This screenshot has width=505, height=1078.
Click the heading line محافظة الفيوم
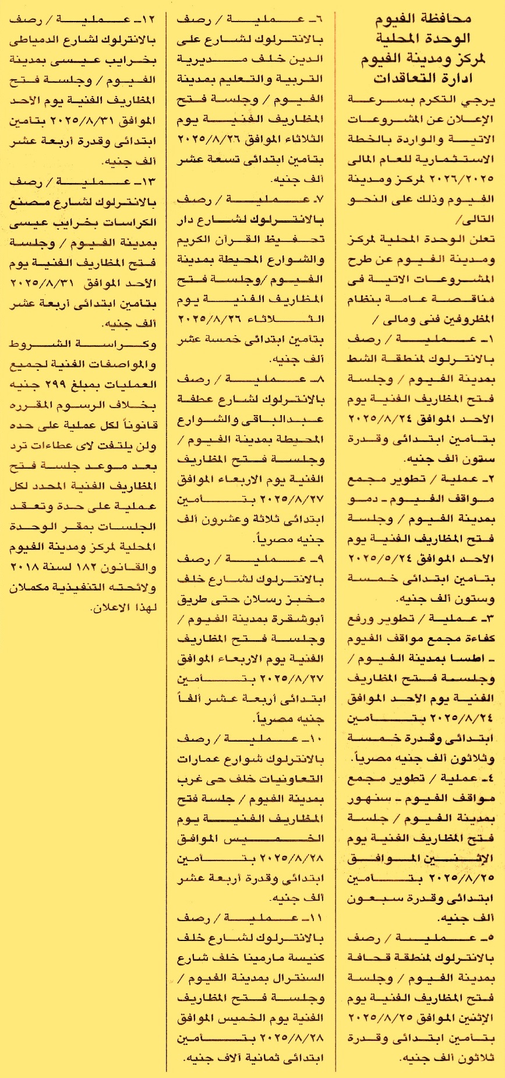422,20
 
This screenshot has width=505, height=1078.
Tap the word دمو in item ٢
362,499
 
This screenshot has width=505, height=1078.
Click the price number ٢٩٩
59,385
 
